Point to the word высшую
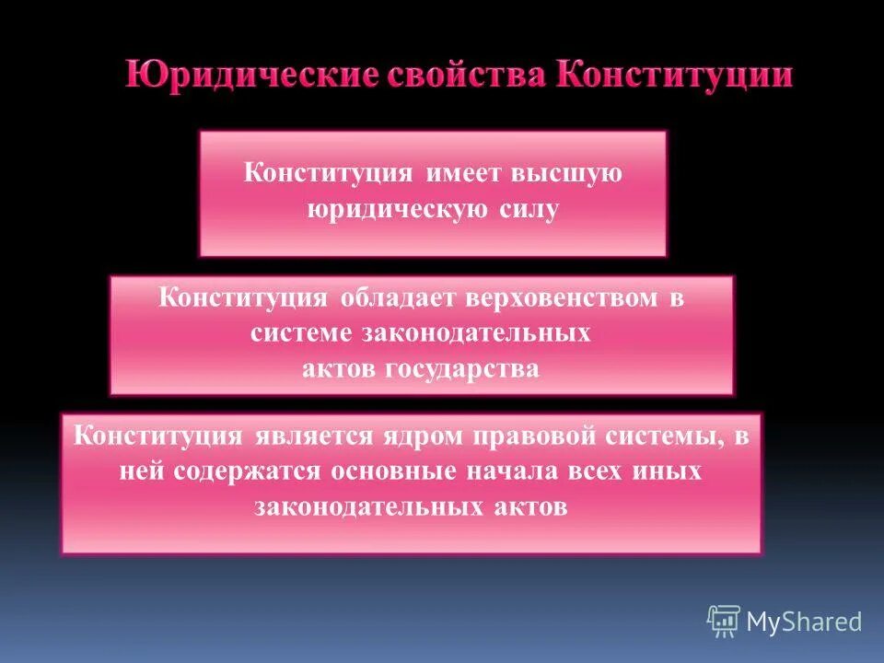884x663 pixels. click(571, 174)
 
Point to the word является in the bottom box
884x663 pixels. click(309, 436)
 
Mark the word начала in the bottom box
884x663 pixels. click(525, 471)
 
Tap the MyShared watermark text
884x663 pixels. click(803, 622)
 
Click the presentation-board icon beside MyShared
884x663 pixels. click(724, 622)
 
